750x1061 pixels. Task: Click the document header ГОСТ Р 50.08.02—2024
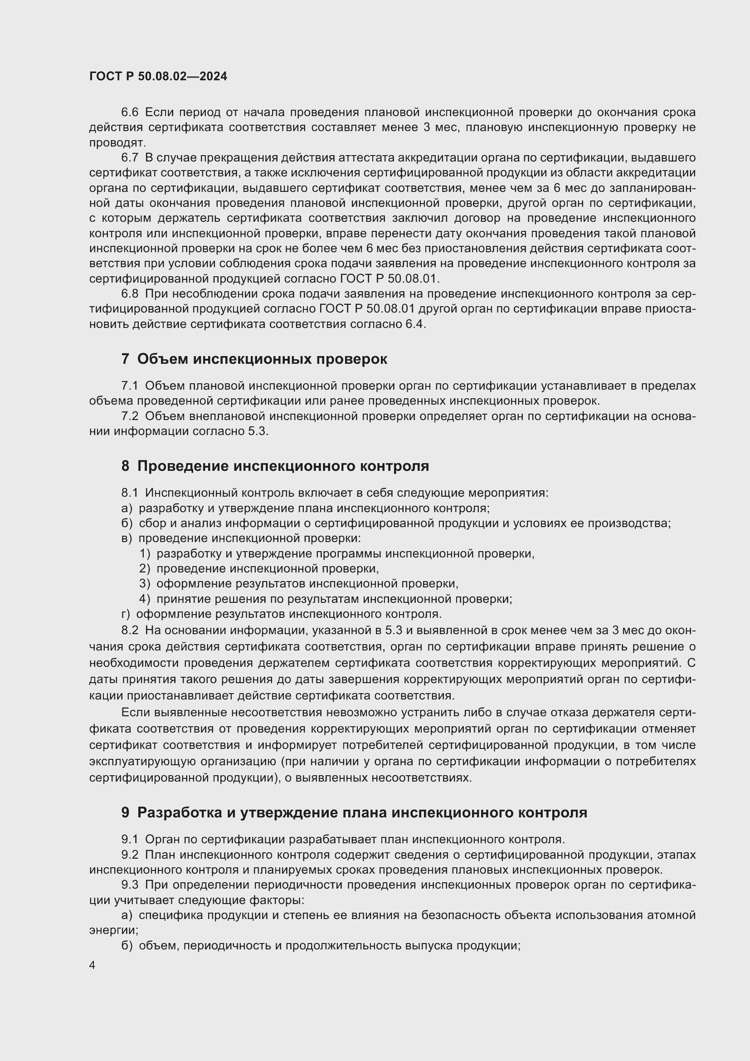click(x=158, y=77)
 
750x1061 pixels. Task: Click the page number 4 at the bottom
click(x=93, y=965)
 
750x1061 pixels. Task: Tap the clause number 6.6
click(x=130, y=112)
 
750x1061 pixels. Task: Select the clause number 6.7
click(x=130, y=157)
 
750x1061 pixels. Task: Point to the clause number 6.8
click(x=130, y=293)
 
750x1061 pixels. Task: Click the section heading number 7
click(x=125, y=359)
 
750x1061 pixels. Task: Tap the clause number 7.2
click(x=130, y=416)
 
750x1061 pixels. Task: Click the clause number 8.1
click(x=130, y=493)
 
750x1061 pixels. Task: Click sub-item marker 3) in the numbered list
click(x=145, y=584)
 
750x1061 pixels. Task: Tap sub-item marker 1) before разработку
click(x=145, y=553)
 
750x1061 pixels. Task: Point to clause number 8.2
click(x=130, y=631)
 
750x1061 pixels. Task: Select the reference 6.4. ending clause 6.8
click(x=416, y=324)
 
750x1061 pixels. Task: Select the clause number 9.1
click(x=130, y=839)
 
